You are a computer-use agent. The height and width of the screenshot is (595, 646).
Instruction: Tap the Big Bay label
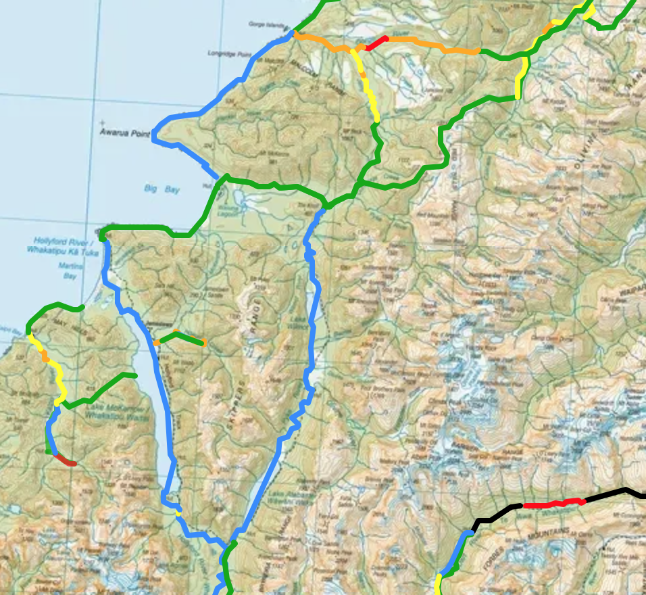(162, 189)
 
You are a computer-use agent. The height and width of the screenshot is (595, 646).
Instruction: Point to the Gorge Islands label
(267, 24)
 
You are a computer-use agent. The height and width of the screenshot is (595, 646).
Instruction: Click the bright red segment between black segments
(553, 503)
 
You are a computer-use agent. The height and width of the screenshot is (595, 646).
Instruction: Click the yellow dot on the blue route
(178, 512)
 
